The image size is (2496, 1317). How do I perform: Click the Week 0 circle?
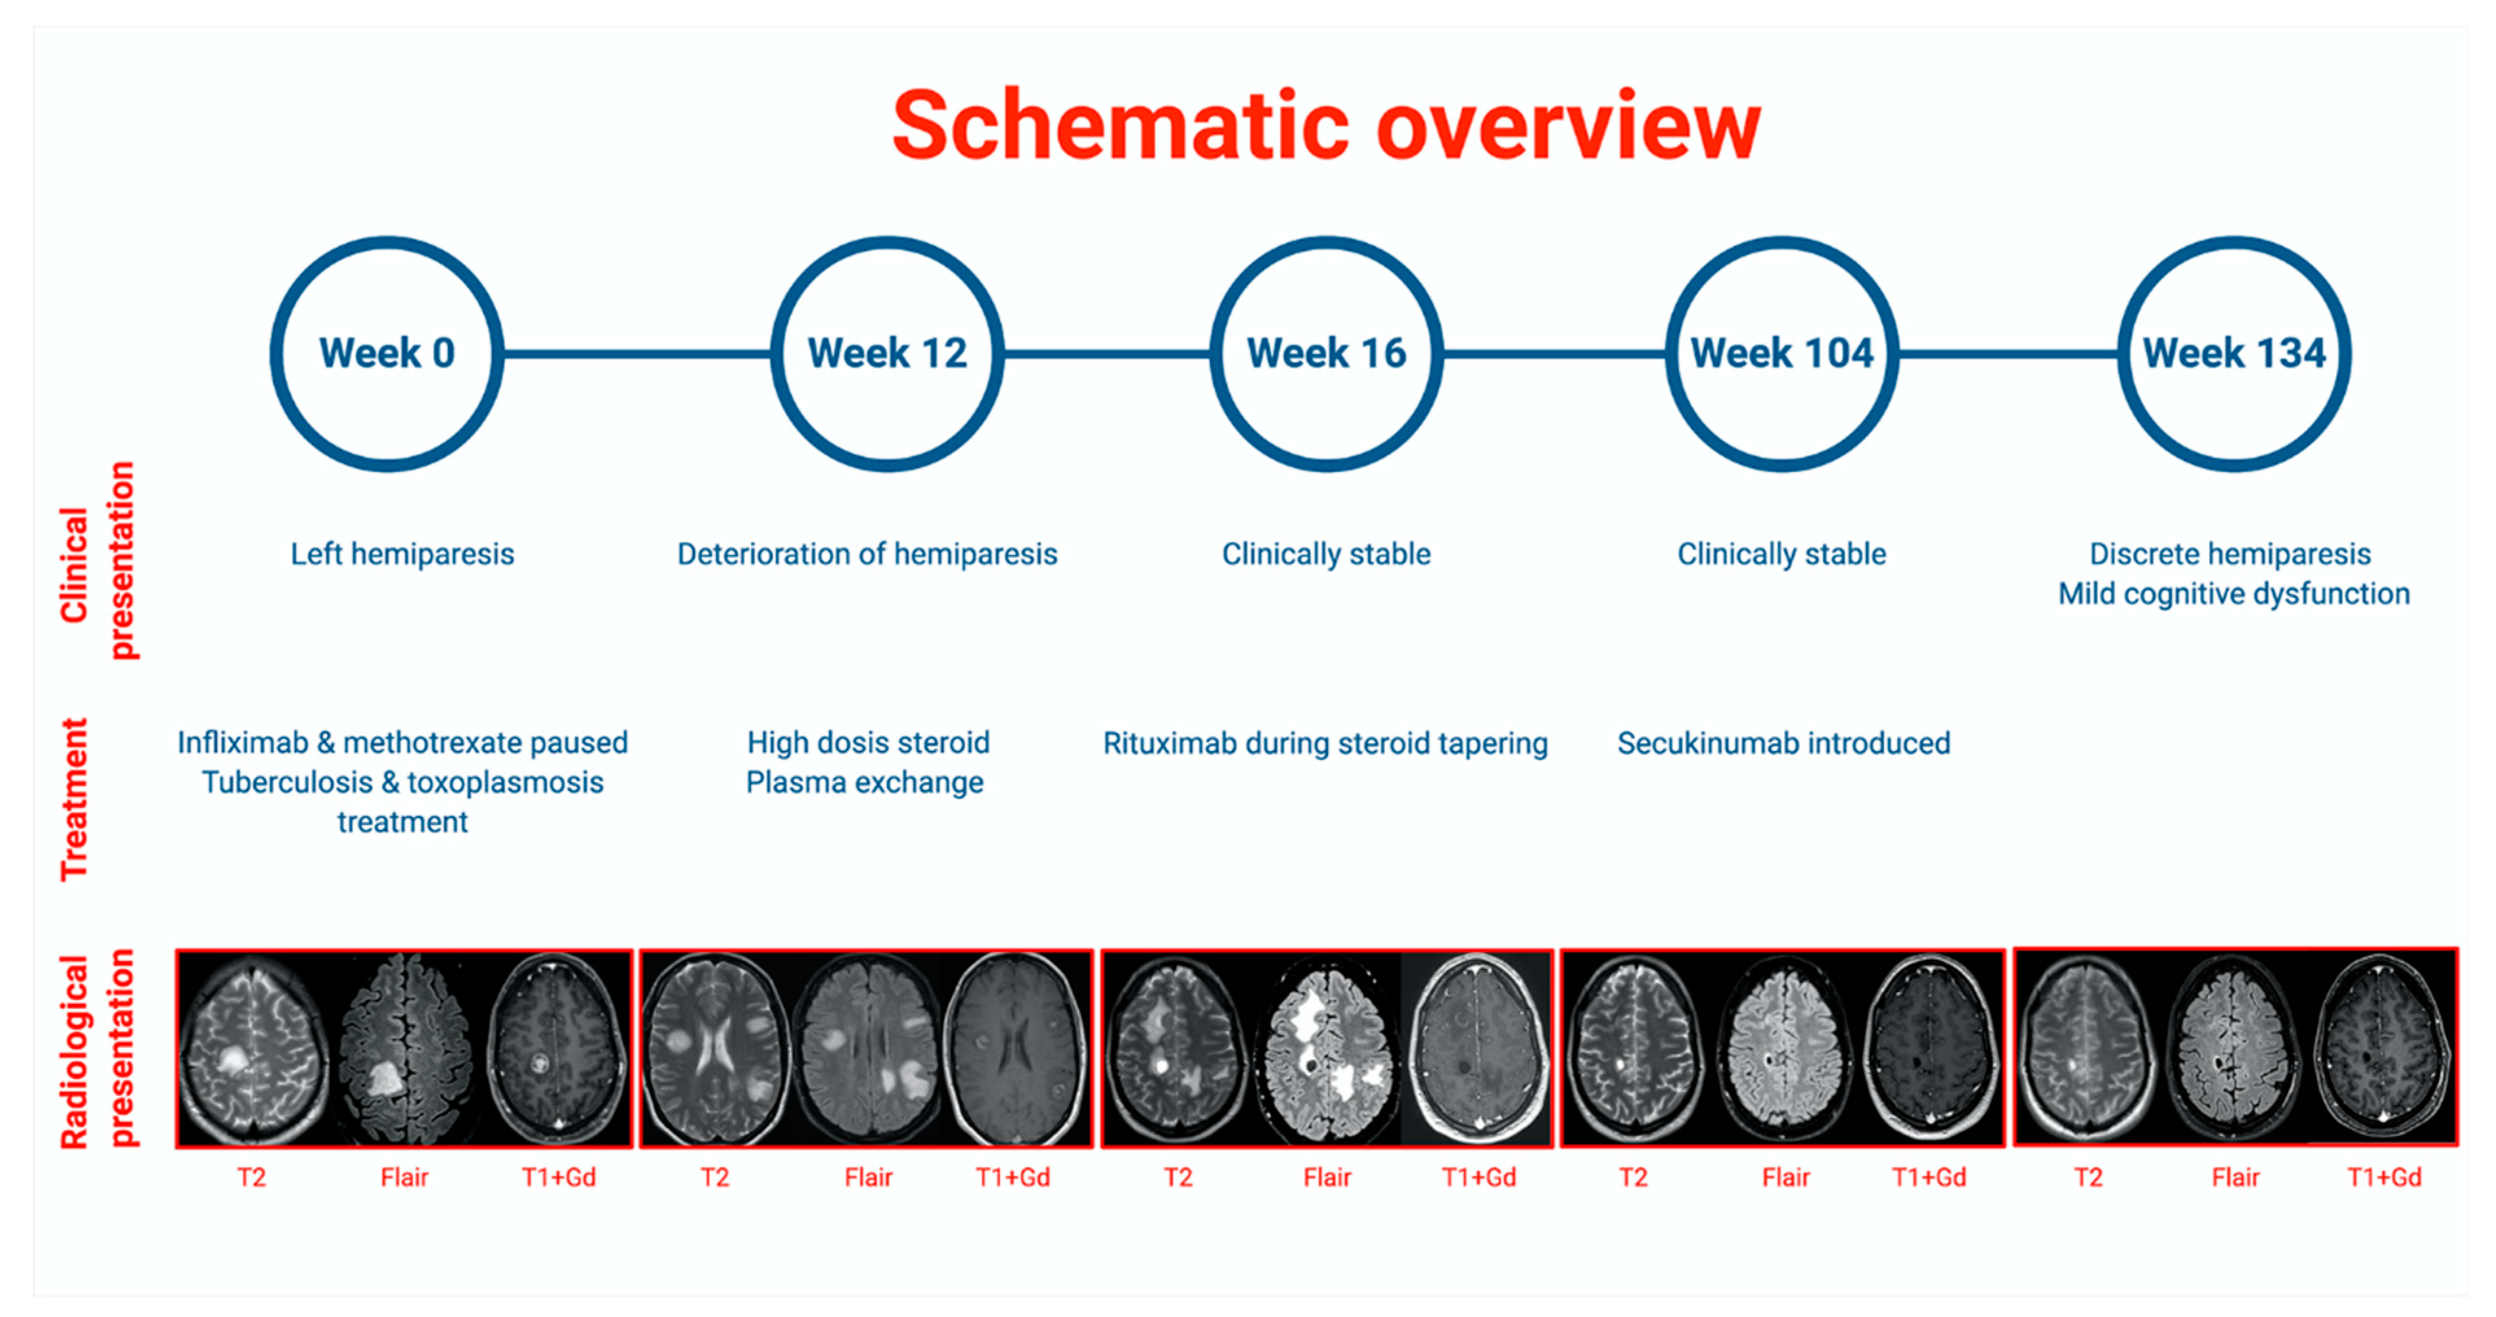386,353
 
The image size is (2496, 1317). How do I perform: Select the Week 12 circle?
887,353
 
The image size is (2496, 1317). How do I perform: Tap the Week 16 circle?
1325,353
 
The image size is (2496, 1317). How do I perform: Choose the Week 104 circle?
1781,353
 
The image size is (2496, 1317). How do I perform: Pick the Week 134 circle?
2234,353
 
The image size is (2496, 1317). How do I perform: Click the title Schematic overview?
1325,126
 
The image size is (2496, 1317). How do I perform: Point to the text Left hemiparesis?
402,554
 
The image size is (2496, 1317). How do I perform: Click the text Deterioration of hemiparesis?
866,554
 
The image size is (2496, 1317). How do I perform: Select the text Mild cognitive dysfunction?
2234,594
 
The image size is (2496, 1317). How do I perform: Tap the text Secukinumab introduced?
1783,743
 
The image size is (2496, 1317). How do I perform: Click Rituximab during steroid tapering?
1325,743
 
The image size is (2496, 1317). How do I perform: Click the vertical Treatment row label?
75,800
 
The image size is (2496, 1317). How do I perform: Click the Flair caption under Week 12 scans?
867,1178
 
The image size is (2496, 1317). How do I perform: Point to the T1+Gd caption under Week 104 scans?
1928,1178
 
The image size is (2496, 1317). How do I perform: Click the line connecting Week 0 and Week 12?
636,353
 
